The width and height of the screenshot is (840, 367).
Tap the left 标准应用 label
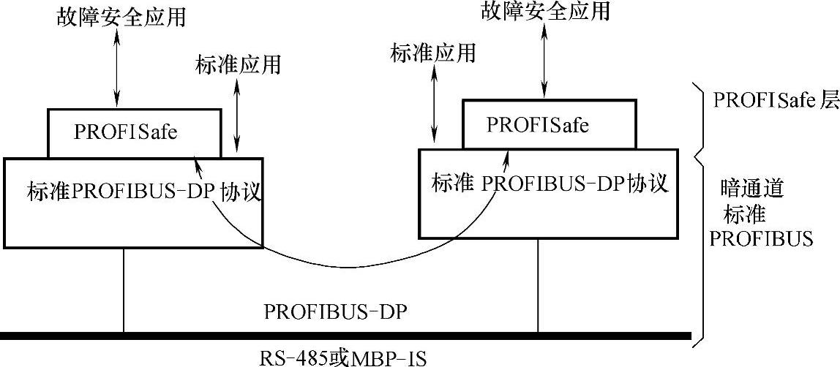pyautogui.click(x=239, y=65)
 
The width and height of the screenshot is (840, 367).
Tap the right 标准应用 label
pyautogui.click(x=434, y=52)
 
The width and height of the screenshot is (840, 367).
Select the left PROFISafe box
pyautogui.click(x=133, y=133)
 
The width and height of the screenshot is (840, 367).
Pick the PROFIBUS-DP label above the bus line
pyautogui.click(x=335, y=311)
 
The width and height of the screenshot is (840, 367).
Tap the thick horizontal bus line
pyautogui.click(x=344, y=336)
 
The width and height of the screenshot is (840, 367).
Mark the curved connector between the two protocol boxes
pyautogui.click(x=351, y=256)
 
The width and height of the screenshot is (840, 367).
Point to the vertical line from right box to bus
pyautogui.click(x=539, y=285)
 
